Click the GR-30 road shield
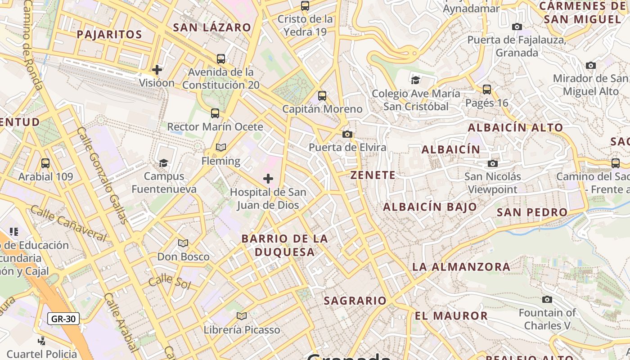(63, 319)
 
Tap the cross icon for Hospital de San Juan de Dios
(268, 179)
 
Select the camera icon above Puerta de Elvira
(347, 134)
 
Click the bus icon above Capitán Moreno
(322, 95)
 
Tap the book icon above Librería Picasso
(242, 316)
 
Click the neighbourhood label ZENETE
(373, 175)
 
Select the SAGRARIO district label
(355, 301)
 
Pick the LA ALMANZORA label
(461, 266)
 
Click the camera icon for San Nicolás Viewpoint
(493, 163)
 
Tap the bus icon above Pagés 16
(487, 89)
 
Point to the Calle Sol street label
(170, 282)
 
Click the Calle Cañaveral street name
(68, 223)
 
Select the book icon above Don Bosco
(183, 243)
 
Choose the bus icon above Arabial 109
(45, 163)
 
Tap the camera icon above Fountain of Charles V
(547, 299)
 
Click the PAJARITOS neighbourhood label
(109, 34)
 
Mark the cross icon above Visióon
(157, 70)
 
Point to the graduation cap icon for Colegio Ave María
(416, 80)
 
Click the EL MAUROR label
(451, 315)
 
